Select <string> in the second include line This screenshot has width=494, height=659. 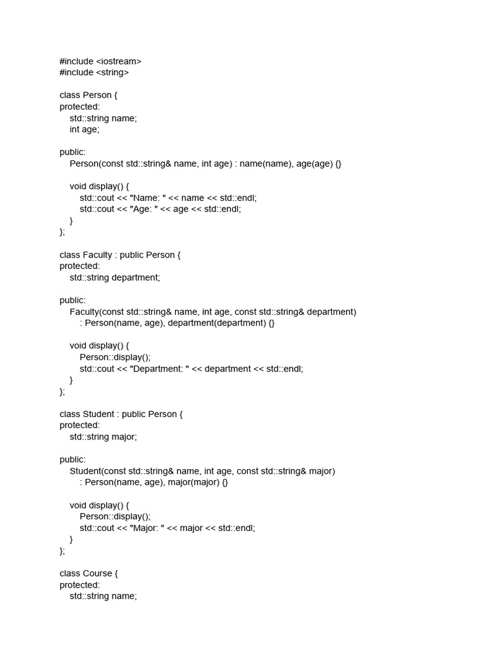pyautogui.click(x=113, y=73)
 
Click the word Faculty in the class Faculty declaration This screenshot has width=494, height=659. pyautogui.click(x=98, y=255)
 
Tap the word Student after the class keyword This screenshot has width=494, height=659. pyautogui.click(x=98, y=414)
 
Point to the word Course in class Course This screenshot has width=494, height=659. pyautogui.click(x=98, y=573)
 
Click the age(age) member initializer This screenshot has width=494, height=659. pyautogui.click(x=315, y=164)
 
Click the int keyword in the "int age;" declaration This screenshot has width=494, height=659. pyautogui.click(x=75, y=129)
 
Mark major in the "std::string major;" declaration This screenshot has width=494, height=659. pyautogui.click(x=123, y=437)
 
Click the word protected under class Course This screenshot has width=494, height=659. pyautogui.click(x=79, y=585)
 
